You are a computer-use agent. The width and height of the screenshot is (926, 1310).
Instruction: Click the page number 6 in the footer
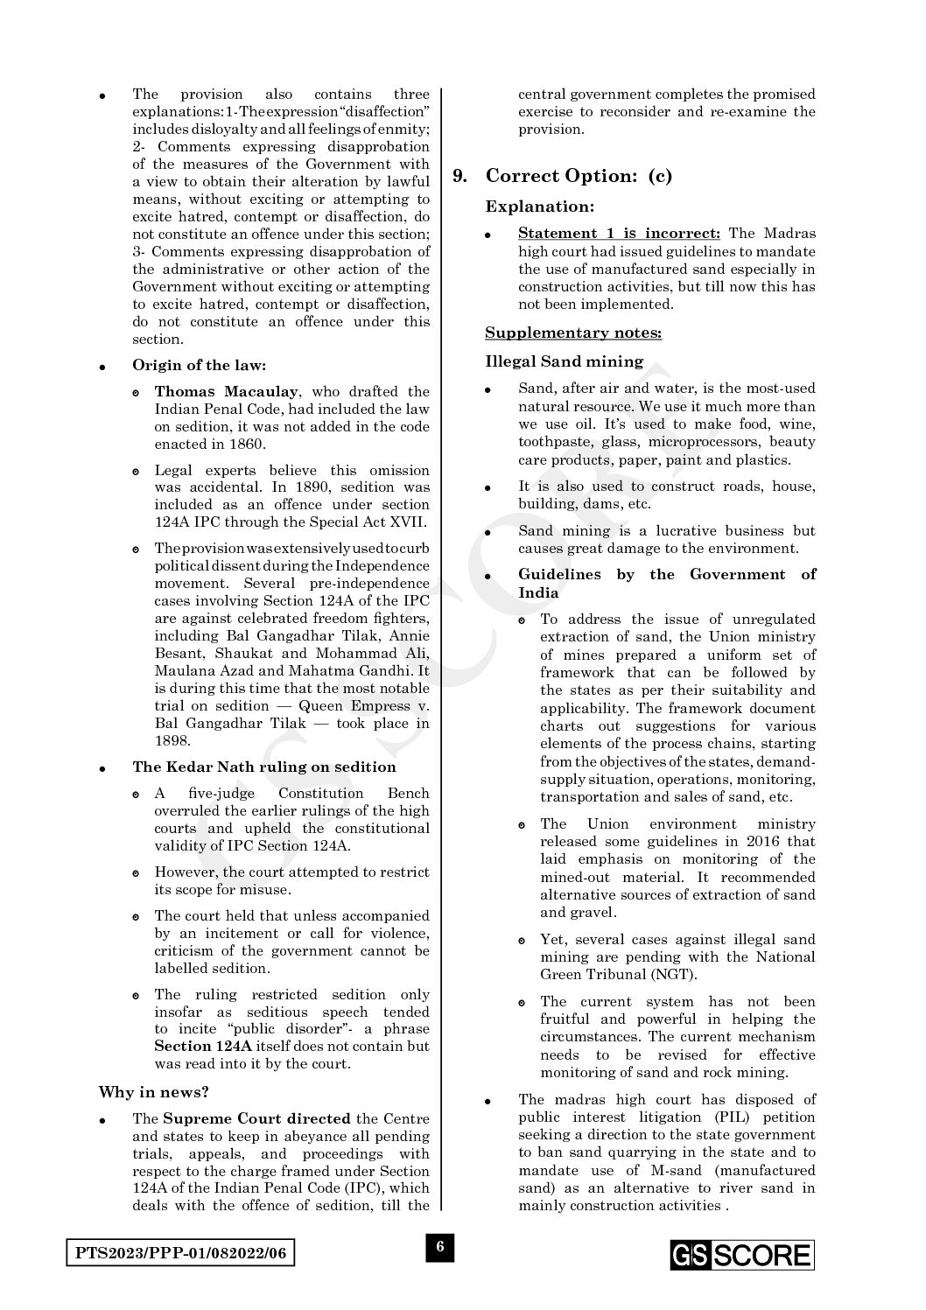(440, 1247)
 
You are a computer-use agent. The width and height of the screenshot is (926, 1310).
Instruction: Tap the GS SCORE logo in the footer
(742, 1255)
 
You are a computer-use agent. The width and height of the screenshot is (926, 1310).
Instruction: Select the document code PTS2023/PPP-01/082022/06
(180, 1254)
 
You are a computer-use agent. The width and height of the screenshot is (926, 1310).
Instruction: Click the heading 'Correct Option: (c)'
(579, 176)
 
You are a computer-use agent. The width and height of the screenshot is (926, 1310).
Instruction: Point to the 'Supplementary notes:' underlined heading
(573, 333)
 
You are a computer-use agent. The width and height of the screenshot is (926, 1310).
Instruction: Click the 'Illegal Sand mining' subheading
(564, 361)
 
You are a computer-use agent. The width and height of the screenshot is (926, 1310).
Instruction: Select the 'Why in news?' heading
(153, 1092)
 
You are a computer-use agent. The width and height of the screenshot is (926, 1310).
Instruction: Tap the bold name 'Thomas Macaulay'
(226, 391)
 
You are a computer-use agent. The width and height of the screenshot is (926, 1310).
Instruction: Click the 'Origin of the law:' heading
(199, 365)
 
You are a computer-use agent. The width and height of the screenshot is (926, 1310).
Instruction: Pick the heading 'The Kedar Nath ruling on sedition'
(263, 767)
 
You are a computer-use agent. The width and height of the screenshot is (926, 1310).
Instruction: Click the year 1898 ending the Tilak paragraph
(172, 740)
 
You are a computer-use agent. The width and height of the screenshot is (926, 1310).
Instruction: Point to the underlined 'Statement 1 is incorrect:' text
(619, 234)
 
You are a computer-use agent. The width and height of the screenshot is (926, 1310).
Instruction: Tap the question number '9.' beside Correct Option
(460, 176)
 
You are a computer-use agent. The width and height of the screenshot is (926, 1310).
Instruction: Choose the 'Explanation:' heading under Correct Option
(539, 207)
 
